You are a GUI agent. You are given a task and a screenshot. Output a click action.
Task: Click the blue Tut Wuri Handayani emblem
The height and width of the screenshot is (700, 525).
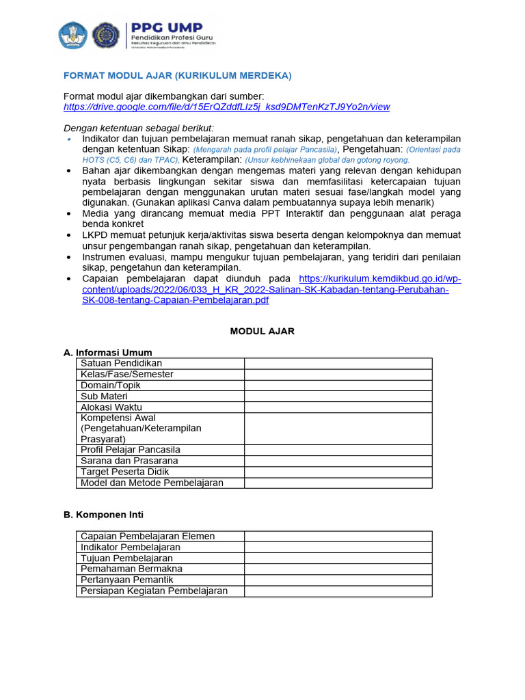coord(72,35)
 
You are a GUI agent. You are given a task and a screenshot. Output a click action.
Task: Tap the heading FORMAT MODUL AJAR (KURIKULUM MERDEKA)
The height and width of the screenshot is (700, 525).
coord(178,75)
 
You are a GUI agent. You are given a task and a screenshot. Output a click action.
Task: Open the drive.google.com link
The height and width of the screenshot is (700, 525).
coord(226,107)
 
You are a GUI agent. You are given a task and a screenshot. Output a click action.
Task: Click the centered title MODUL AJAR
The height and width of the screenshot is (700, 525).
coord(262,331)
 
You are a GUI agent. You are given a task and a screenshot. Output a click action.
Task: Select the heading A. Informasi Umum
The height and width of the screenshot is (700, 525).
coord(107,353)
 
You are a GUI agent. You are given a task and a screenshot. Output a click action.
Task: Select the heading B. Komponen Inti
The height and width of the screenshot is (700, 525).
coord(103,515)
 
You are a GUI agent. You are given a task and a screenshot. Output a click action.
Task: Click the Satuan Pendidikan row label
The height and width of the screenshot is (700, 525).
coord(121,364)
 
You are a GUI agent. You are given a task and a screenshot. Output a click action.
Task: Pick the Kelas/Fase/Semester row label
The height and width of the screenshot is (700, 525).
coord(127,375)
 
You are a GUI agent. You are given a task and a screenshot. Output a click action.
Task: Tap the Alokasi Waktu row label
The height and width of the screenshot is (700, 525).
coord(111,407)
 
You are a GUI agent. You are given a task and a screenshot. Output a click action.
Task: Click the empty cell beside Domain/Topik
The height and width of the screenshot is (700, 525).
coord(338,386)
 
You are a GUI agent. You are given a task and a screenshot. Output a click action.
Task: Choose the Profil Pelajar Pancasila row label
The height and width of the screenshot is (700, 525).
coord(131,450)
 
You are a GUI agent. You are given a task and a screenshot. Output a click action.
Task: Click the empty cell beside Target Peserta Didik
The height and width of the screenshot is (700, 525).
coord(338,472)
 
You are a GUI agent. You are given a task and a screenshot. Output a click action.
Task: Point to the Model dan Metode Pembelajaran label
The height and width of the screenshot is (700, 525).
coord(152,483)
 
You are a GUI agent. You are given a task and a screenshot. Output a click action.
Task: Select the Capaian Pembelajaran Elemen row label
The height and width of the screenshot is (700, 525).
coord(148,537)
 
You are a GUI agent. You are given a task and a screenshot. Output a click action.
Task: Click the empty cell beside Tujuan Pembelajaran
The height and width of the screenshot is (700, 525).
coord(338,558)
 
